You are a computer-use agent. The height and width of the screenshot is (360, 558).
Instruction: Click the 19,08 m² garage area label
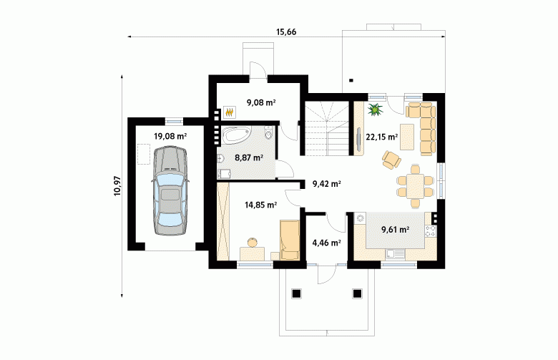(x=170, y=136)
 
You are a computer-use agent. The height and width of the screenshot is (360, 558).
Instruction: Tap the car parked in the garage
(x=170, y=190)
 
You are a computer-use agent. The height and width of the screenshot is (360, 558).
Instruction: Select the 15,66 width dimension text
(x=286, y=32)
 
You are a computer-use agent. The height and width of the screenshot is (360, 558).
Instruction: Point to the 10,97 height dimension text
(x=118, y=186)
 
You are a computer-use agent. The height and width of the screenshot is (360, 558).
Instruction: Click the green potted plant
(x=375, y=110)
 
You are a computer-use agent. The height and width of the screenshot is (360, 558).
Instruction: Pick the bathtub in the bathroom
(x=237, y=135)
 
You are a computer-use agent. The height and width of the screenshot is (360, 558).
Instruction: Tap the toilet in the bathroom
(x=269, y=132)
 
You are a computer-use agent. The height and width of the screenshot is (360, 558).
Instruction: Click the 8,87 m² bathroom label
(x=249, y=157)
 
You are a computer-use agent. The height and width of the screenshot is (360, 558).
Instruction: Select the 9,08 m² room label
(x=262, y=102)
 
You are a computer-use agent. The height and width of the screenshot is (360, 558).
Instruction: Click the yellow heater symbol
(x=230, y=112)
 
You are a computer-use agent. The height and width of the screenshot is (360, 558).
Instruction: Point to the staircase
(x=327, y=128)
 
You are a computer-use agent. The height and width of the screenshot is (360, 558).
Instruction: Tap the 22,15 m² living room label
(x=382, y=137)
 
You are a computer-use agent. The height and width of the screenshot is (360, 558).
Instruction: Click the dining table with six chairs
(x=416, y=186)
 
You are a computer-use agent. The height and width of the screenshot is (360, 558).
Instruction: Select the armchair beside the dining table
(x=391, y=160)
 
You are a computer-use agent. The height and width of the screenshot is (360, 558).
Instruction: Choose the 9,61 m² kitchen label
(x=395, y=229)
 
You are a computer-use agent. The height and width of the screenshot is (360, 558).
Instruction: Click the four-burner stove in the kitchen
(x=430, y=230)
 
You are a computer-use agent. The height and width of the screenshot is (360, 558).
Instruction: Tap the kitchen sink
(x=396, y=254)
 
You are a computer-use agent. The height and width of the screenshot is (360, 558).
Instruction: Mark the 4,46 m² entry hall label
(x=327, y=243)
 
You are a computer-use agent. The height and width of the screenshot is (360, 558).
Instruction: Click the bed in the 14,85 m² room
(x=289, y=240)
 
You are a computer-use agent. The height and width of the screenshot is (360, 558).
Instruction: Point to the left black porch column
(x=296, y=293)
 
